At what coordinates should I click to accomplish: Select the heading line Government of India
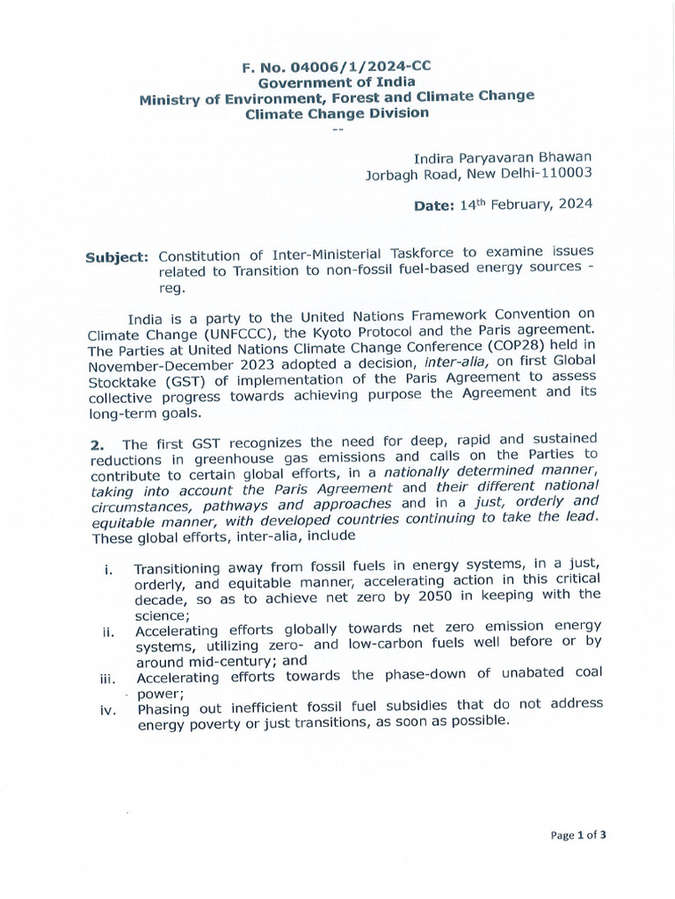pyautogui.click(x=337, y=81)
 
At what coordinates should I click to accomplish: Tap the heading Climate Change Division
pyautogui.click(x=337, y=113)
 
